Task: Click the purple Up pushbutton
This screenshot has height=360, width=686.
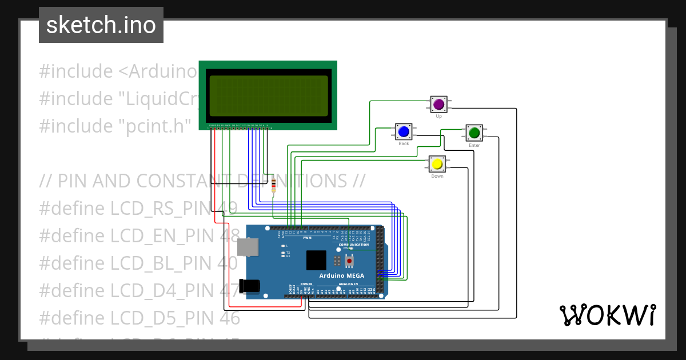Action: click(x=438, y=105)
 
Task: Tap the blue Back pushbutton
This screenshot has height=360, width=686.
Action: click(x=404, y=132)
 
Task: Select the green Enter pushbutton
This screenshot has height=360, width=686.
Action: click(x=474, y=133)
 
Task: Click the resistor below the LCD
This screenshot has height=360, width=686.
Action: click(x=274, y=184)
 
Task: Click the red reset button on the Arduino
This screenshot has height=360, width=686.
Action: click(x=349, y=261)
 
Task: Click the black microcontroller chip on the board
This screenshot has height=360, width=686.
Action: click(x=316, y=261)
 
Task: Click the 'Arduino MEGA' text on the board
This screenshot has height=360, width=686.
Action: click(x=341, y=275)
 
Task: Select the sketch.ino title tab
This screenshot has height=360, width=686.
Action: click(x=101, y=25)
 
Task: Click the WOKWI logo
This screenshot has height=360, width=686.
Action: click(x=607, y=315)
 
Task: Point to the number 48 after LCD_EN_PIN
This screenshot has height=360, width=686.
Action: click(x=229, y=235)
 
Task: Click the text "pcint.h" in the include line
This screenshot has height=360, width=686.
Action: click(x=154, y=126)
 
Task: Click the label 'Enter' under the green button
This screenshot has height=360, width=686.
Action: click(x=474, y=146)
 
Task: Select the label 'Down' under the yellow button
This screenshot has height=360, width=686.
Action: click(x=437, y=176)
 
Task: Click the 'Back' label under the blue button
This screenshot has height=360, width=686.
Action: click(x=404, y=144)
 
